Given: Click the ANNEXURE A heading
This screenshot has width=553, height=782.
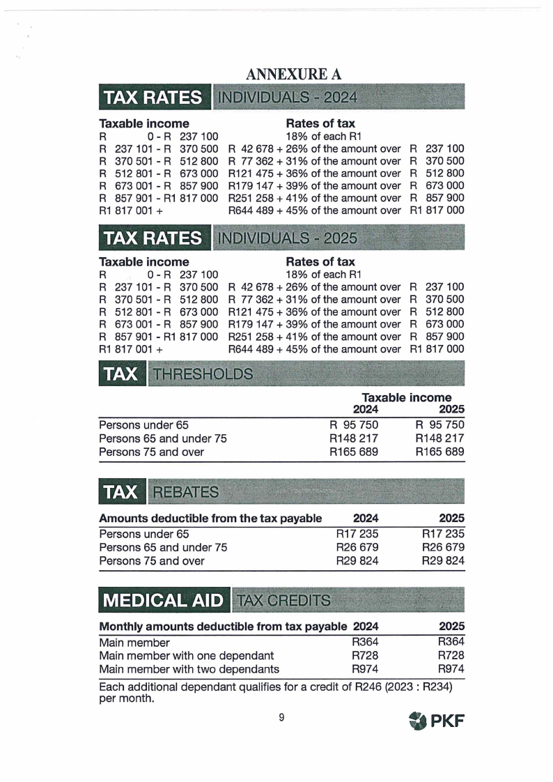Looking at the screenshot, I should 293,74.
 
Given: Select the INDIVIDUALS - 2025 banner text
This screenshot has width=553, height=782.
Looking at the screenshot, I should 288,238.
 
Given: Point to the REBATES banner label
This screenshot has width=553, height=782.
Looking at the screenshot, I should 185,492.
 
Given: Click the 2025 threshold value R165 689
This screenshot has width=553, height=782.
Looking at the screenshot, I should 439,452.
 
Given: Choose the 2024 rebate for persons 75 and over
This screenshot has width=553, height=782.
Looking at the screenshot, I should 357,560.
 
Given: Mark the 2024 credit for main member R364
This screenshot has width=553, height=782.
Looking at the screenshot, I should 365,643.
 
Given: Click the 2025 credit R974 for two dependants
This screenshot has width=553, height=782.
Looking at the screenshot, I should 451,669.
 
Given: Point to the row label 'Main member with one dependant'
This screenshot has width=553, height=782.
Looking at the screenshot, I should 187,656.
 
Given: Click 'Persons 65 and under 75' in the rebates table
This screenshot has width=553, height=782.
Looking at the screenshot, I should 163,547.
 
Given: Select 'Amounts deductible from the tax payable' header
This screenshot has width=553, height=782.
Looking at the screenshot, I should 210,519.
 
